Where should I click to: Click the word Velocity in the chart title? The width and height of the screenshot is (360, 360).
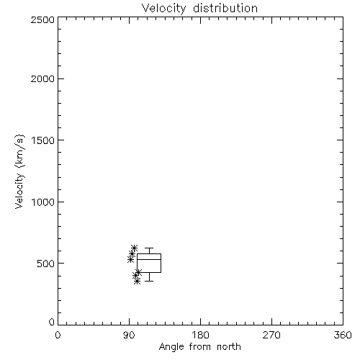(x=163, y=9)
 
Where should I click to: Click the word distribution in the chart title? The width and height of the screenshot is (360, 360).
(x=225, y=8)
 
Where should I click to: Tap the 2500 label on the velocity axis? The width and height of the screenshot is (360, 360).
(x=42, y=19)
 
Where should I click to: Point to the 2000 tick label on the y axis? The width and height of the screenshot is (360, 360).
(x=42, y=78)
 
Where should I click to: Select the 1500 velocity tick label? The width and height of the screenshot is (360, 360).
(x=43, y=140)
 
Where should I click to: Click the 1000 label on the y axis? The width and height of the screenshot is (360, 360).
(x=43, y=202)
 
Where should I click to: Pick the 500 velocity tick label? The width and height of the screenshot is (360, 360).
(x=46, y=264)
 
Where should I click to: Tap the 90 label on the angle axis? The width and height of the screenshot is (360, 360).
(x=129, y=335)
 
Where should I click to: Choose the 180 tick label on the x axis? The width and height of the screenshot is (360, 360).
(x=200, y=335)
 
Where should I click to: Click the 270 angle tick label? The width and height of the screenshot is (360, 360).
(x=271, y=335)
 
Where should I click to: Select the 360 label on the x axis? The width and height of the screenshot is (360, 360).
(x=343, y=335)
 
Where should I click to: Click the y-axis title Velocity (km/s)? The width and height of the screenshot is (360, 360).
(x=19, y=171)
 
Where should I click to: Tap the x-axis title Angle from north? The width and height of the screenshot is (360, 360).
(x=200, y=347)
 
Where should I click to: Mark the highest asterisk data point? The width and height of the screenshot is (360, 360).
(x=134, y=248)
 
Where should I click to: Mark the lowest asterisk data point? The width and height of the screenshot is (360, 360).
(x=137, y=281)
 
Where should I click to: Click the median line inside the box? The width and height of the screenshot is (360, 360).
(x=149, y=259)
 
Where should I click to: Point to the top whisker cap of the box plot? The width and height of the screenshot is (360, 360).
(x=149, y=248)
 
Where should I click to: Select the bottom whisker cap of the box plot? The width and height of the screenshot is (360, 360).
(x=149, y=281)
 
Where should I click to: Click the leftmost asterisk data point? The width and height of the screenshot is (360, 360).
(x=130, y=259)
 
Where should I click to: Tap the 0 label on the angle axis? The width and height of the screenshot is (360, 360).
(x=58, y=335)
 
